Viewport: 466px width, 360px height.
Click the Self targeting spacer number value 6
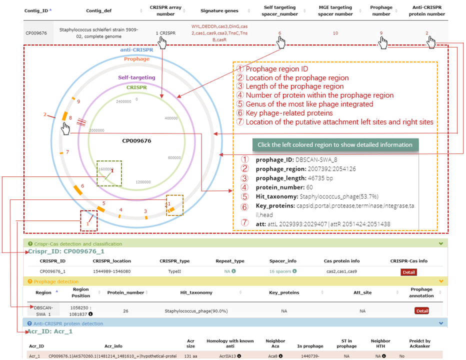coord(279,33)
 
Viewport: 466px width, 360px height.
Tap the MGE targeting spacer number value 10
coord(335,33)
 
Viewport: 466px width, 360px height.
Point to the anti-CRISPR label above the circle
coord(136,50)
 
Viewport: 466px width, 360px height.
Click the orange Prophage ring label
coord(136,59)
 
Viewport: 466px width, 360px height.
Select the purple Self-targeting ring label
coord(136,77)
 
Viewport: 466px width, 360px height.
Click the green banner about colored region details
coord(335,145)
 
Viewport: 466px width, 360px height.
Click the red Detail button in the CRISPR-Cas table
coord(408,272)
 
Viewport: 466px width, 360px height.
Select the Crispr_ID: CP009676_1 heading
coord(66,251)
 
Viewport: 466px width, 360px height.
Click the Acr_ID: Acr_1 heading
coord(50,331)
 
